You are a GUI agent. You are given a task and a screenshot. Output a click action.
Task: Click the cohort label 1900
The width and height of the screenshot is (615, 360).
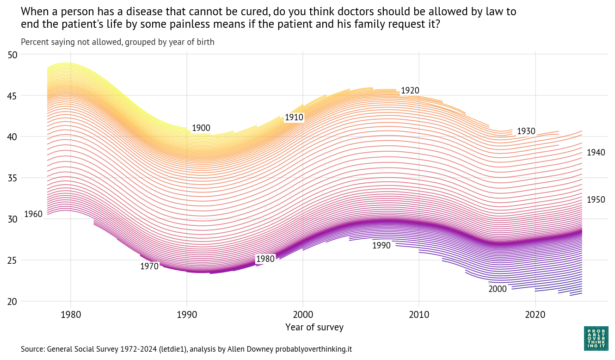pyautogui.click(x=201, y=128)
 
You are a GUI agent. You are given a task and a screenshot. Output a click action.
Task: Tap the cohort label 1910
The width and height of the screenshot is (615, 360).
pyautogui.click(x=294, y=118)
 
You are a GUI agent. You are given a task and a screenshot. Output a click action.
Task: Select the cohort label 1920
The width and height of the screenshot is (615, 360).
pyautogui.click(x=410, y=91)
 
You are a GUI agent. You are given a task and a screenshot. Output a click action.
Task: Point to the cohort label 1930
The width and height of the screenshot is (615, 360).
pyautogui.click(x=526, y=131)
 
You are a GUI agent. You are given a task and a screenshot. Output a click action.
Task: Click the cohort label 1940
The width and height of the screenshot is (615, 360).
pyautogui.click(x=596, y=153)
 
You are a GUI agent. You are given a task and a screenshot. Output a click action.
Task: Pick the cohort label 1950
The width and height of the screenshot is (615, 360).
pyautogui.click(x=596, y=200)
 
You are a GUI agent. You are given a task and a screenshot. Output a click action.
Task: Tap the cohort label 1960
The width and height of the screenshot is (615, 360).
pyautogui.click(x=33, y=214)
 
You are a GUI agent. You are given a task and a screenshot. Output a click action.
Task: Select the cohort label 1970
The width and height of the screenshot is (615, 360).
pyautogui.click(x=149, y=266)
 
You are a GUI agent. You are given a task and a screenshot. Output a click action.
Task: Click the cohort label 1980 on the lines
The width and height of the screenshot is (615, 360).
pyautogui.click(x=265, y=259)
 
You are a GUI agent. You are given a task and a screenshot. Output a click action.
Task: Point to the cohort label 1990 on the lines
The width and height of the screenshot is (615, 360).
pyautogui.click(x=381, y=246)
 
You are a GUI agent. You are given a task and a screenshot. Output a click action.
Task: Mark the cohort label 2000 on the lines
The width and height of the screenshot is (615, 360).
pyautogui.click(x=498, y=289)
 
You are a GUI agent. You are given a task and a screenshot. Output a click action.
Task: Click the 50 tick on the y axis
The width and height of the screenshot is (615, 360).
pyautogui.click(x=12, y=55)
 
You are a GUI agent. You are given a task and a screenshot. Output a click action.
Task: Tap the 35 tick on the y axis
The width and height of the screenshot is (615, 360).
pyautogui.click(x=12, y=178)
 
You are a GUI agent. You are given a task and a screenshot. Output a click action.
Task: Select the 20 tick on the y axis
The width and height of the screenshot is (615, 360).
pyautogui.click(x=12, y=302)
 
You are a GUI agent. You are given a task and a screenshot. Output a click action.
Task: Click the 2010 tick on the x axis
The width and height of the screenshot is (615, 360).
pyautogui.click(x=419, y=315)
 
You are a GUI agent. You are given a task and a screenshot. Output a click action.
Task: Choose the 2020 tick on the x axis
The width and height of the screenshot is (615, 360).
pyautogui.click(x=535, y=315)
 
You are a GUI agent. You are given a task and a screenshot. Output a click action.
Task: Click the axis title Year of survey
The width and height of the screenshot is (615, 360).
pyautogui.click(x=314, y=328)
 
